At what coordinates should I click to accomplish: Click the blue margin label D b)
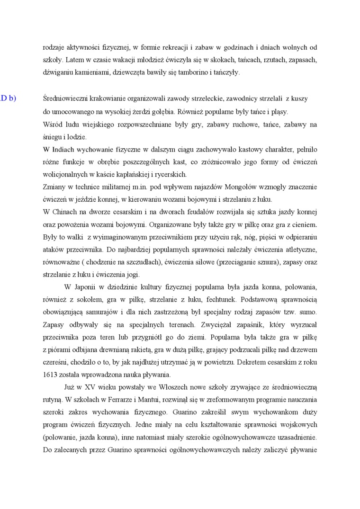[x=9, y=98]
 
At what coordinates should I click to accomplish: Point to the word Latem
[x=75, y=60]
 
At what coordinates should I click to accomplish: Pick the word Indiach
[x=63, y=150]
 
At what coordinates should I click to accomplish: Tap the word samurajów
[x=98, y=313]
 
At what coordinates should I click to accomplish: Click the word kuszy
[x=299, y=99]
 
